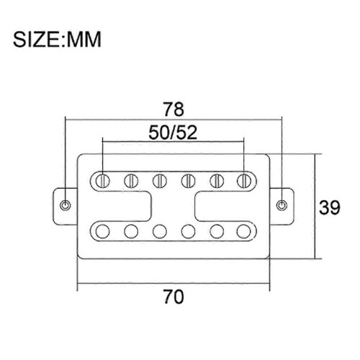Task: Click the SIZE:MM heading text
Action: click(57, 40)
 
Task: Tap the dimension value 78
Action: click(174, 109)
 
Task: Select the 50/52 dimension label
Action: click(173, 132)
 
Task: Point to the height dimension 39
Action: click(330, 207)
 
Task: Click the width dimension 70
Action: click(174, 297)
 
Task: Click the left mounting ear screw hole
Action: click(66, 205)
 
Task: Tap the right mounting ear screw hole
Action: click(282, 205)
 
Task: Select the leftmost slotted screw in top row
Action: click(102, 181)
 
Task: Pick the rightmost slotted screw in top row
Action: click(244, 181)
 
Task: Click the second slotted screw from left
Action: click(131, 181)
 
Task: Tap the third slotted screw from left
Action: click(160, 181)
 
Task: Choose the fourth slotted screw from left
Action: click(188, 181)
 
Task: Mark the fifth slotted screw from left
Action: click(217, 181)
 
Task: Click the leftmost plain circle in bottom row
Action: click(102, 231)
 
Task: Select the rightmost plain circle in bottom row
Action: click(244, 231)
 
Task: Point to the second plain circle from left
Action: click(131, 231)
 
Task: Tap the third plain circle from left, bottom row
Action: click(160, 231)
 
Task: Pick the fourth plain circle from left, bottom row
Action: click(188, 231)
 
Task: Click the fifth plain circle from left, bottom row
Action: click(217, 231)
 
